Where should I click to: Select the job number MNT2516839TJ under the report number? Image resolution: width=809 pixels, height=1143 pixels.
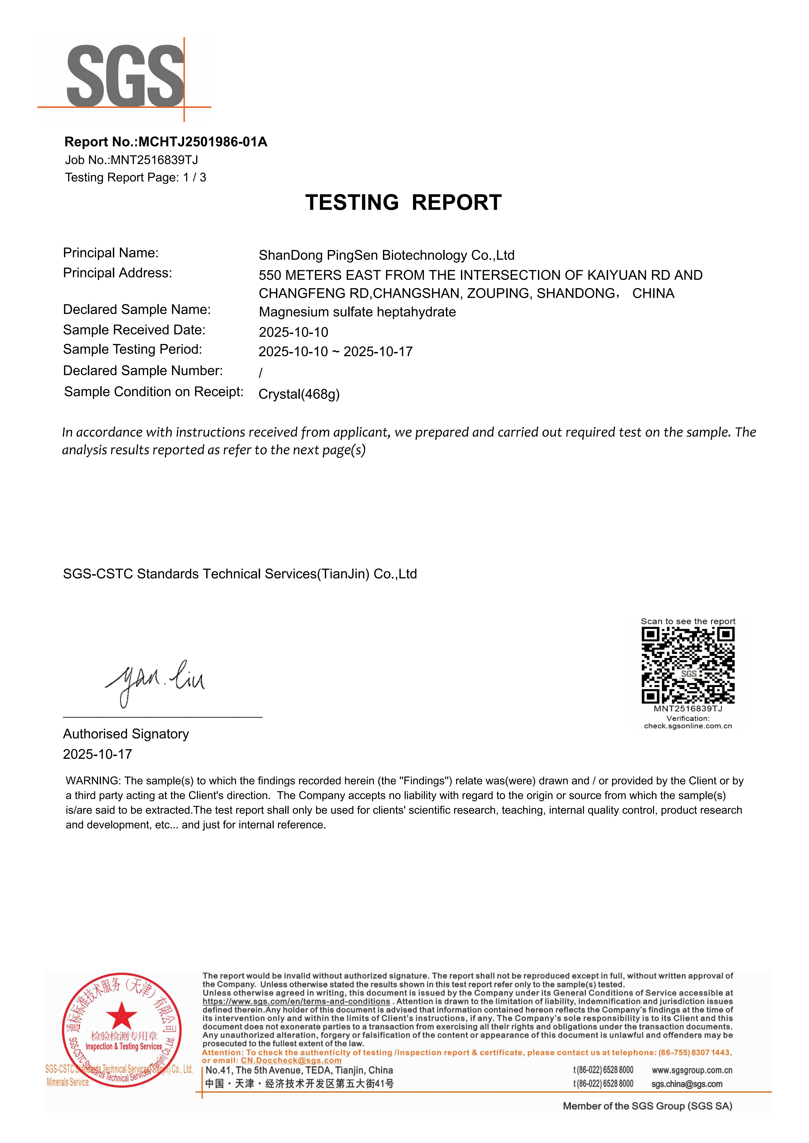154,160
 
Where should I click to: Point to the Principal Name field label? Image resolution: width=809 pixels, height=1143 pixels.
111,253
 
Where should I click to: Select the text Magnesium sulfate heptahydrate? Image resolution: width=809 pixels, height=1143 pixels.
357,312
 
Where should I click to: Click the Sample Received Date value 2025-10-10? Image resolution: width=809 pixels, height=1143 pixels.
293,332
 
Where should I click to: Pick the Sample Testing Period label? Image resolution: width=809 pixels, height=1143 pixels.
133,349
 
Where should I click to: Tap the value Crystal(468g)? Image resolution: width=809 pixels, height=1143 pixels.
299,394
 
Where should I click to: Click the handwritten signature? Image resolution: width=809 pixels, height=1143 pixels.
154,681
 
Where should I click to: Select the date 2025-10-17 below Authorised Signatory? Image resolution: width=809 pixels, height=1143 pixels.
98,754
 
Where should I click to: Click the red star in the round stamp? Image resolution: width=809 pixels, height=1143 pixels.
122,1016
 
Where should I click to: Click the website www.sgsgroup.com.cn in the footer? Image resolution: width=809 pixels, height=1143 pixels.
691,1070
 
